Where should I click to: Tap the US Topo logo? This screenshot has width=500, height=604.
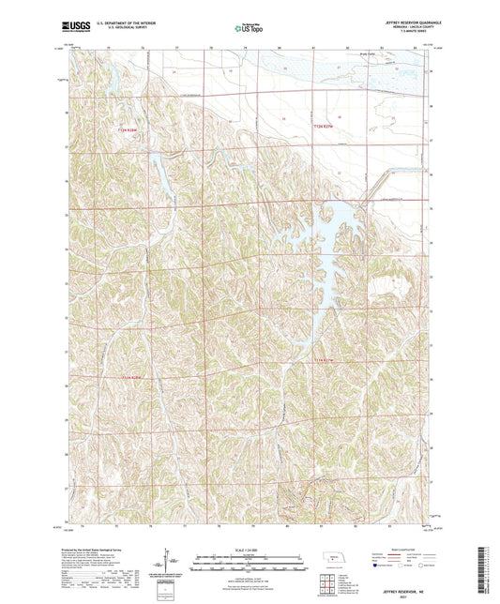click(249, 29)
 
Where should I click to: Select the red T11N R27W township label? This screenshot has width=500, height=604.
click(324, 359)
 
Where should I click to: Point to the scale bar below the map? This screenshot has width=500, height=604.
click(250, 559)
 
